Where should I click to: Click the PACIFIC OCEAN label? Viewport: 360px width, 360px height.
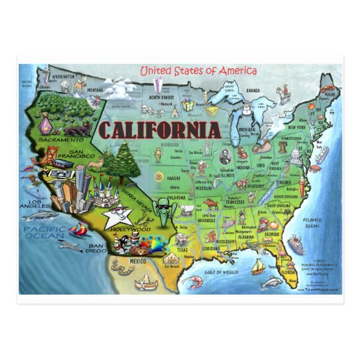coord(44,235)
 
